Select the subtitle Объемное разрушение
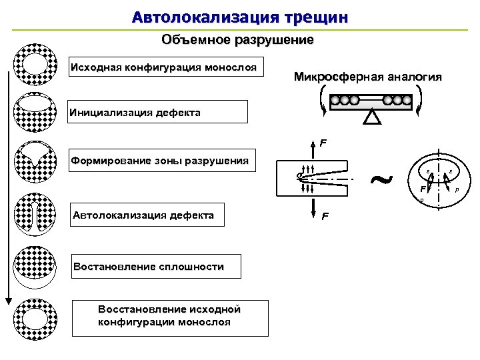tap(237, 40)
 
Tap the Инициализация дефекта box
tap(158, 112)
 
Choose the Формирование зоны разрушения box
tap(163, 161)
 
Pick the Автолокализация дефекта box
tap(147, 215)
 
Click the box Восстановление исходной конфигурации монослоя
tap(169, 317)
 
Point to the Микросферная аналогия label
tap(367, 77)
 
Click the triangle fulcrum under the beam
tap(372, 117)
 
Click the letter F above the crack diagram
tap(323, 143)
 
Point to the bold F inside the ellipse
tap(423, 189)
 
